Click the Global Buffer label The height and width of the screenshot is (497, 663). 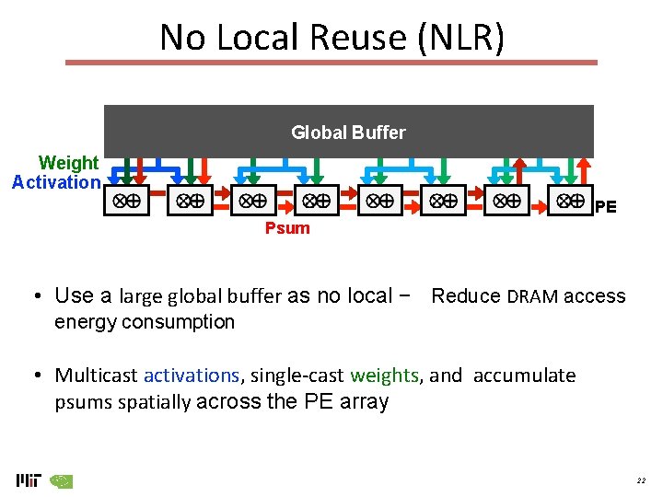[x=348, y=133]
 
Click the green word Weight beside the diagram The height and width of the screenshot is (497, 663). [x=68, y=163]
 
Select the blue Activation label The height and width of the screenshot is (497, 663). [x=55, y=182]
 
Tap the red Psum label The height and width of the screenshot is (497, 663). [x=287, y=228]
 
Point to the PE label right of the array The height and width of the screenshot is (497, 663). [x=605, y=207]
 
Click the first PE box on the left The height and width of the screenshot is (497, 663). [x=127, y=201]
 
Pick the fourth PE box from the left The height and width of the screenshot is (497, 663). [x=318, y=201]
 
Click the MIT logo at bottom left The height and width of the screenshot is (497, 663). [x=29, y=480]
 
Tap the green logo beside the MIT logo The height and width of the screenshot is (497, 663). [x=62, y=480]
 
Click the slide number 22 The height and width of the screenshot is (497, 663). [x=641, y=480]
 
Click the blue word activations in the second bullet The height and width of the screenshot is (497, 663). [x=192, y=376]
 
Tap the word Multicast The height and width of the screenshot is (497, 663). [x=96, y=376]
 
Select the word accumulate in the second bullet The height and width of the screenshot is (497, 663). [x=524, y=376]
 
